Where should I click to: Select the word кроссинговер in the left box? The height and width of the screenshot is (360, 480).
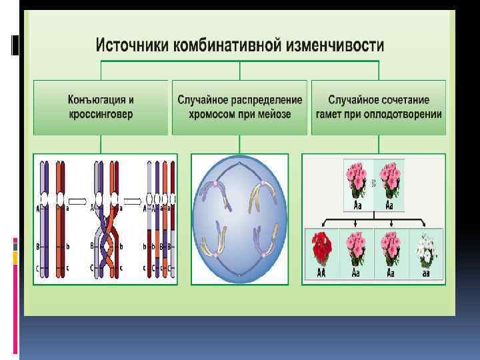[100, 114]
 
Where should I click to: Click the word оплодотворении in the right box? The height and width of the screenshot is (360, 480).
[405, 114]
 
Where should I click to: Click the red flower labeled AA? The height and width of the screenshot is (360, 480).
[322, 249]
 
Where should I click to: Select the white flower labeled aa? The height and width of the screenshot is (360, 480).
[424, 249]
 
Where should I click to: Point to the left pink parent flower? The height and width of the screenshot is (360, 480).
[357, 179]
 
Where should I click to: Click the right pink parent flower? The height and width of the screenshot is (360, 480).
[391, 179]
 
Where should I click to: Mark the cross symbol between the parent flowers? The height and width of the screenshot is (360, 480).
[374, 181]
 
